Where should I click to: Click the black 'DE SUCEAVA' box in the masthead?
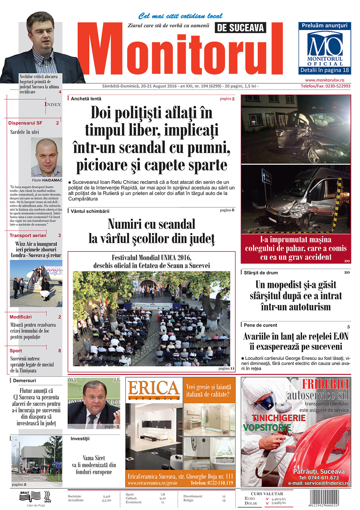coord(240,28)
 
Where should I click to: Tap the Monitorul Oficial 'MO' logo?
coord(325,45)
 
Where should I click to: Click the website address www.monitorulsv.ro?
coord(324,80)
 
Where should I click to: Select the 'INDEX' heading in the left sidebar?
coord(53,104)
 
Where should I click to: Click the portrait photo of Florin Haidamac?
coord(46,157)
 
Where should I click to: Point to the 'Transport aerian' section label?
coord(28,235)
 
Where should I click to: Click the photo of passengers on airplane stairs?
coord(36,284)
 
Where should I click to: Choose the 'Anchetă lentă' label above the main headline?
coord(86,99)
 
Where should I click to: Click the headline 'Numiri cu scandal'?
coord(152,224)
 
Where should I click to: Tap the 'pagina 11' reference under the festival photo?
coord(226,368)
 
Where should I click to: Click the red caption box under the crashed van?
coord(296,248)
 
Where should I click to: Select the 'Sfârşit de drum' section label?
coord(261,273)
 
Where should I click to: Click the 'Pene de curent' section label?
coord(260,325)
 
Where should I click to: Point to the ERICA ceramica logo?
coord(154,390)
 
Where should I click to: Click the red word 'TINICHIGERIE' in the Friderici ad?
coord(278,418)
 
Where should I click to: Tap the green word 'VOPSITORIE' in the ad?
coord(267,428)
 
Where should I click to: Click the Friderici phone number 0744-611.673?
coord(319,478)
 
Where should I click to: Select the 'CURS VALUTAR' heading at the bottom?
coord(267,493)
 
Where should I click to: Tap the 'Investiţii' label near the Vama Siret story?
coord(80,439)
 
